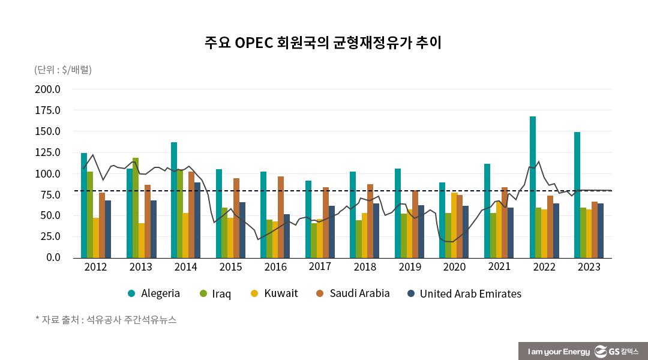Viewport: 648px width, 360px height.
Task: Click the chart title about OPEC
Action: (323, 43)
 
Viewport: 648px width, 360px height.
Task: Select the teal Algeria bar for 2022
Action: (533, 187)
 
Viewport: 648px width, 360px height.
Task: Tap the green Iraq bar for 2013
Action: (136, 208)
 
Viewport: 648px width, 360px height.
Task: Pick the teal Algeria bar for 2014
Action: (174, 200)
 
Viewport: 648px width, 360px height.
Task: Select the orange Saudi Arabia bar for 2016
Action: (281, 217)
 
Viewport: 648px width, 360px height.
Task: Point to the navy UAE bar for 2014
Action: (197, 220)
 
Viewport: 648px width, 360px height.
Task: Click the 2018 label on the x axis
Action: (364, 267)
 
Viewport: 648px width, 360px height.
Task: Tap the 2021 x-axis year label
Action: (499, 267)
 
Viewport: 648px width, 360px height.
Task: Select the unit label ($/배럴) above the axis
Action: (63, 70)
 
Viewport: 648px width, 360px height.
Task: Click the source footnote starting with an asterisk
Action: (106, 320)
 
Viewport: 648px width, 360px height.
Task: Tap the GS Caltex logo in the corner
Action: (616, 351)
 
